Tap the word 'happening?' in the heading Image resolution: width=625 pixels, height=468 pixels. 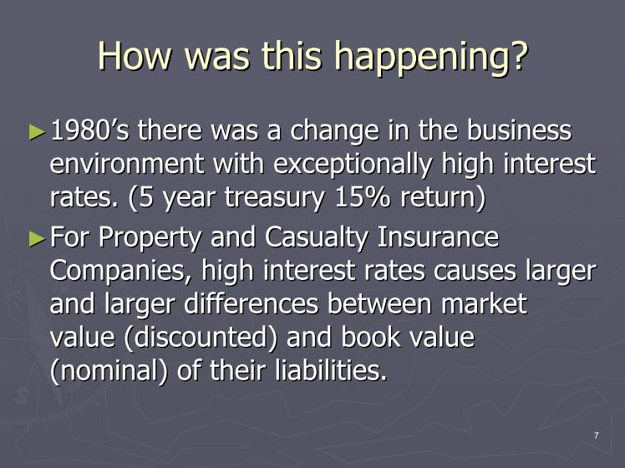(x=434, y=58)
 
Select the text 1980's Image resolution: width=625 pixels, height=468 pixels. (x=90, y=130)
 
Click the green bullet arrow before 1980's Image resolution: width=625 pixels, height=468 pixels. (x=37, y=131)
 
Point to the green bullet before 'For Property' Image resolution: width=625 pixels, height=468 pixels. (x=37, y=238)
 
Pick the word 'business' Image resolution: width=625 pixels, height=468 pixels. (x=519, y=130)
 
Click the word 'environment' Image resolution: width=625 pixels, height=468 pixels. (x=127, y=164)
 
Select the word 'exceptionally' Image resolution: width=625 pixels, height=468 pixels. (x=353, y=165)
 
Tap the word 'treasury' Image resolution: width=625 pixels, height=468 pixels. (x=274, y=199)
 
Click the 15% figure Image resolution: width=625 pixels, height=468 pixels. (x=363, y=197)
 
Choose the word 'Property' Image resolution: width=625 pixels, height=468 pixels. (x=150, y=238)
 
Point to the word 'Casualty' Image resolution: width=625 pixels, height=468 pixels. (x=316, y=238)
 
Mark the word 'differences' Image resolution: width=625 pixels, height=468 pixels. (x=252, y=303)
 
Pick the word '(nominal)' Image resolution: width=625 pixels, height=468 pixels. (x=109, y=371)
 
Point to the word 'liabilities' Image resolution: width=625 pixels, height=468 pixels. (x=330, y=370)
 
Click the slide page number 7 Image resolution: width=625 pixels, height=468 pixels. (x=597, y=435)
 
